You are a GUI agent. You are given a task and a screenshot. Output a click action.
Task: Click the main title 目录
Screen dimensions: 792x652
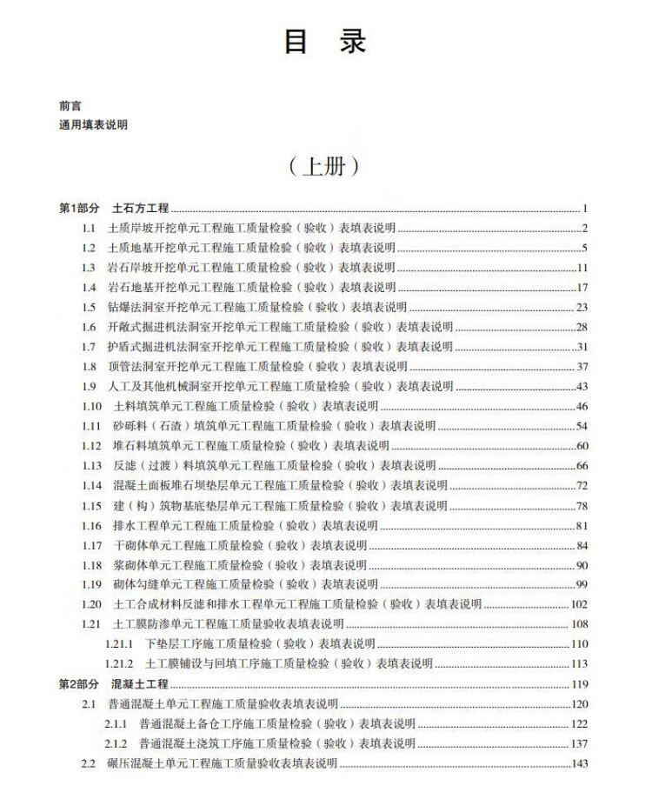pos(325,43)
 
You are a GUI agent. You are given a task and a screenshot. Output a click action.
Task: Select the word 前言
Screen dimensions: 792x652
pos(70,105)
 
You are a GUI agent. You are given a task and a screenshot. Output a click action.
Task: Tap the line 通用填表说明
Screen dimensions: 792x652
pos(93,125)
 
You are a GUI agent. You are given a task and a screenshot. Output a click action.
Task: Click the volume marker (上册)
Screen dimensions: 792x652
pos(325,167)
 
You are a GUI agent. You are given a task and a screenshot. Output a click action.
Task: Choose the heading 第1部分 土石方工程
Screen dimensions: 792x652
pos(114,209)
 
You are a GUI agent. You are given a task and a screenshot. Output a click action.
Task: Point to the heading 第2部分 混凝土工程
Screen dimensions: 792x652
pos(114,684)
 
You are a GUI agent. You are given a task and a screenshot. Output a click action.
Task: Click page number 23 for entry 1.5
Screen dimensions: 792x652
pos(582,307)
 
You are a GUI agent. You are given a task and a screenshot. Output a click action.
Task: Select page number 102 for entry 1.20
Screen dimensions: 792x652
pos(580,604)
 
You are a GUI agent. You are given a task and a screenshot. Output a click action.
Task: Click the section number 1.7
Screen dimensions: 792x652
pos(89,347)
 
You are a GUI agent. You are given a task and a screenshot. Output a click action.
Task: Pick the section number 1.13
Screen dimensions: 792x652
pos(91,466)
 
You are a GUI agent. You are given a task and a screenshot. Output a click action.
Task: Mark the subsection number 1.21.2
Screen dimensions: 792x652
pos(118,664)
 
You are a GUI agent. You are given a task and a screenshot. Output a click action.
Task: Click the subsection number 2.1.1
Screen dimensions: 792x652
pos(116,724)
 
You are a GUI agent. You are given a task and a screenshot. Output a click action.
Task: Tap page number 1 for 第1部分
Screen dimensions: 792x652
pos(586,209)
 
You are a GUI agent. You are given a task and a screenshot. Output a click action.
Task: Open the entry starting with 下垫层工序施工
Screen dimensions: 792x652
pos(260,644)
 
